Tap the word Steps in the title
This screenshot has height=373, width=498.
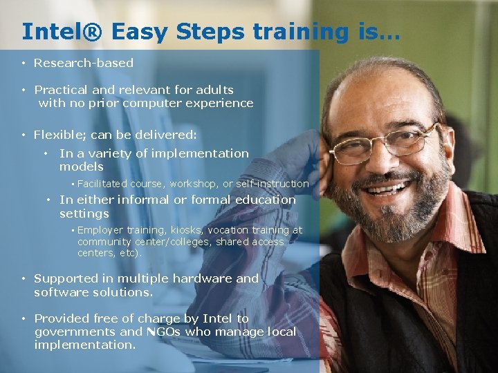click(x=211, y=31)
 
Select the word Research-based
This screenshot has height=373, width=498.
click(x=84, y=63)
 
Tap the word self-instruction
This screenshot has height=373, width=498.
click(x=273, y=184)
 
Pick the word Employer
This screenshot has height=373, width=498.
click(x=100, y=230)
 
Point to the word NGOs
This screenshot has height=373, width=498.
click(x=167, y=332)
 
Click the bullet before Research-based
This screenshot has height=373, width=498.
click(x=23, y=64)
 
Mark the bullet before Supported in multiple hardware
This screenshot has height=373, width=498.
click(x=23, y=279)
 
